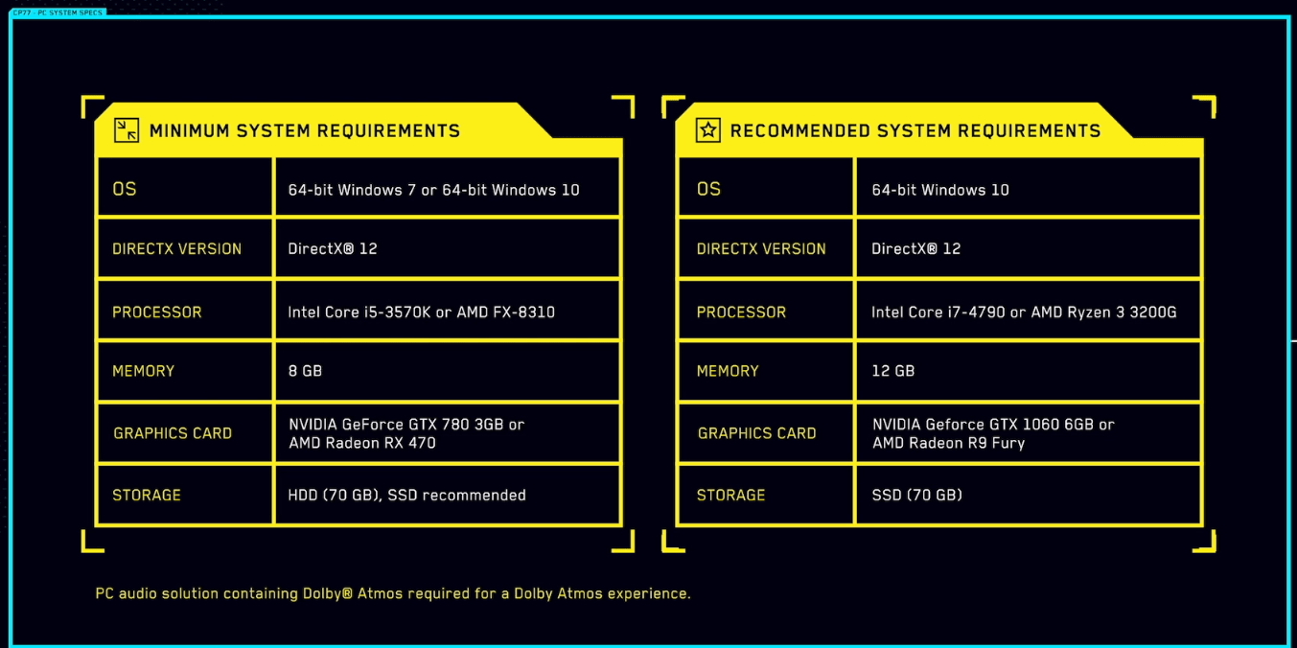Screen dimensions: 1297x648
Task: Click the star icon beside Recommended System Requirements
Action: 707,130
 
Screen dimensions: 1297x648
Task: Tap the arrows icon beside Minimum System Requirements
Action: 127,130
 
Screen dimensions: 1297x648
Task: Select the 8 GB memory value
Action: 305,371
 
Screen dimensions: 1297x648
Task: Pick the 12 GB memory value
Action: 892,371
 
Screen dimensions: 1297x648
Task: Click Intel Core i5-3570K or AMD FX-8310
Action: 421,312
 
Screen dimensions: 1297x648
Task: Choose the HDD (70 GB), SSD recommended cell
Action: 406,496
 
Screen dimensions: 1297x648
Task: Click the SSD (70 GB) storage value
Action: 916,496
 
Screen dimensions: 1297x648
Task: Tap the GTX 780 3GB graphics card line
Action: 406,425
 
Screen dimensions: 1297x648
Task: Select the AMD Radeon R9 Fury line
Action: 948,443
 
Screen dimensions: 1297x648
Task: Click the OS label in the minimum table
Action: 125,190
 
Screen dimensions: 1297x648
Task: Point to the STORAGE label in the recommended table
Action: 730,496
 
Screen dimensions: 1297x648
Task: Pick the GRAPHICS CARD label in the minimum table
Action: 173,433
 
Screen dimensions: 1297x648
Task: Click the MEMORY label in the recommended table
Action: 728,371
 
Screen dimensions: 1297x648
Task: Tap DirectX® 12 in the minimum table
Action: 333,249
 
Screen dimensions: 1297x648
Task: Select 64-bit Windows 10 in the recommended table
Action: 940,190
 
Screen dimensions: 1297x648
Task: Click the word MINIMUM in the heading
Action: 190,131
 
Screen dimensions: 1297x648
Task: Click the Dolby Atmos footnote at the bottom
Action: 393,593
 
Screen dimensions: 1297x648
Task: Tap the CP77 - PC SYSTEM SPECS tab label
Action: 58,12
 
